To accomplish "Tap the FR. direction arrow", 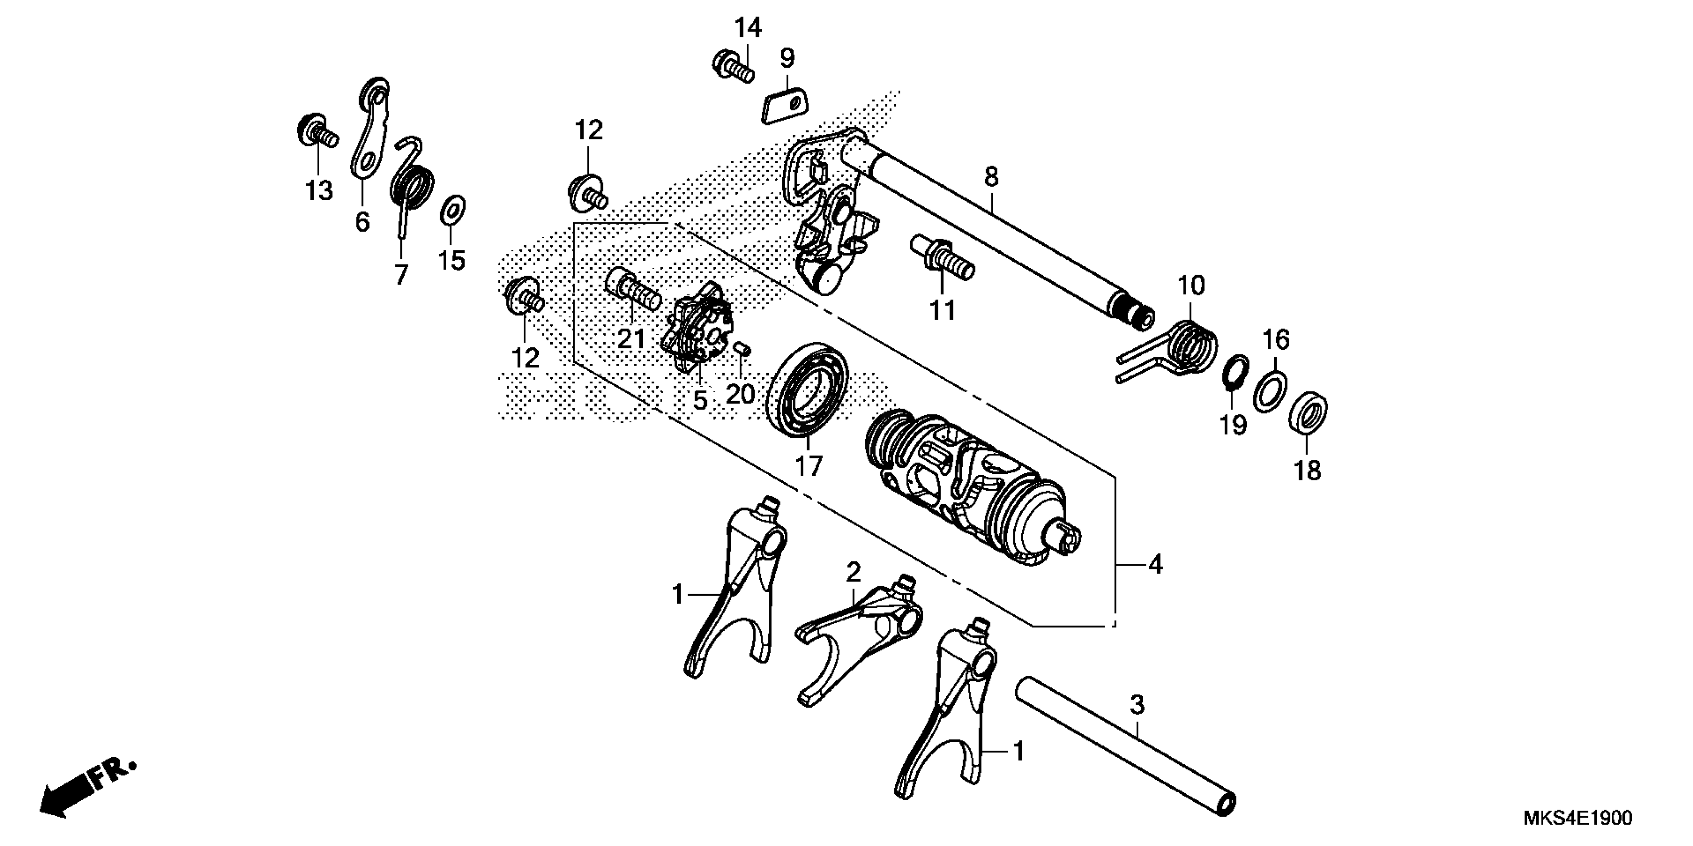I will point(86,789).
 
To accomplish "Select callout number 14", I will point(748,28).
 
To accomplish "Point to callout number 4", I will point(1155,564).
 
